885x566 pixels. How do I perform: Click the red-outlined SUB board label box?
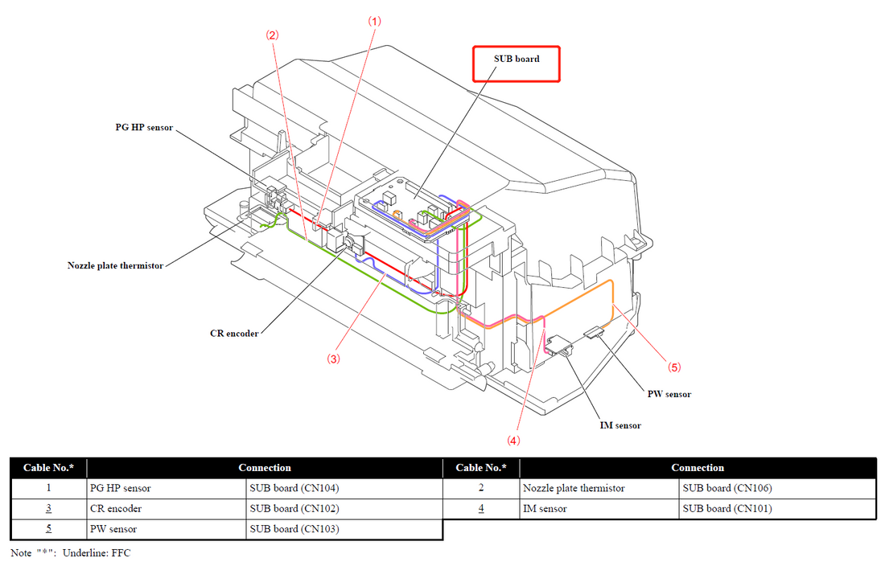tap(516, 63)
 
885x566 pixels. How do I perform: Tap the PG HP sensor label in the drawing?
tap(143, 128)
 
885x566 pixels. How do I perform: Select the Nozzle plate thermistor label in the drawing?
tap(115, 265)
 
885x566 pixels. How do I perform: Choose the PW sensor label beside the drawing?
tap(669, 394)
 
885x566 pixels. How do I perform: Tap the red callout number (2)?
tap(273, 35)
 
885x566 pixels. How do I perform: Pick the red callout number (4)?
tap(513, 440)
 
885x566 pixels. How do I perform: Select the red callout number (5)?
tap(674, 367)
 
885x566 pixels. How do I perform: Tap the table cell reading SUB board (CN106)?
tap(727, 488)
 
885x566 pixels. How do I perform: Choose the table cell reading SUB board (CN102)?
tap(294, 508)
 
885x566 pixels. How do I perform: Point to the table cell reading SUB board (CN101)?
tap(727, 508)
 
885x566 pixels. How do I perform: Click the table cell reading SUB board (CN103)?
tap(294, 529)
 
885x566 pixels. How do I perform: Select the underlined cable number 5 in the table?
tap(48, 529)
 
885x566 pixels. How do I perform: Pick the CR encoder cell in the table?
tap(116, 508)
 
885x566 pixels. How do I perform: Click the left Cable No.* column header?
tap(48, 468)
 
